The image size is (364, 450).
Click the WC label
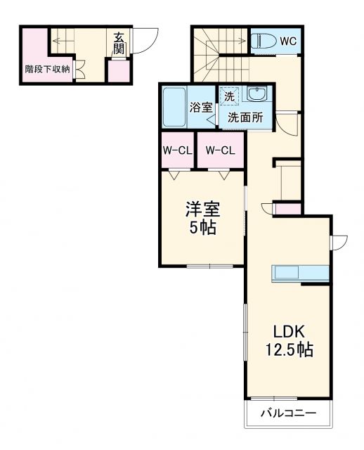(288, 41)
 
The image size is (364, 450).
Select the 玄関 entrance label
(119, 44)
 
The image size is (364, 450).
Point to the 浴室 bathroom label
(201, 108)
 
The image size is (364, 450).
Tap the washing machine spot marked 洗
(229, 96)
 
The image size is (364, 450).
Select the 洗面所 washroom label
(245, 117)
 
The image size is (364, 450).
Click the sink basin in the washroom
(259, 96)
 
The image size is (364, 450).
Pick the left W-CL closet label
(178, 150)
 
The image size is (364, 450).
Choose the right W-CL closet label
(220, 150)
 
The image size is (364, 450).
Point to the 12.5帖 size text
(289, 349)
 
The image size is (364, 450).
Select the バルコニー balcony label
(288, 413)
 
